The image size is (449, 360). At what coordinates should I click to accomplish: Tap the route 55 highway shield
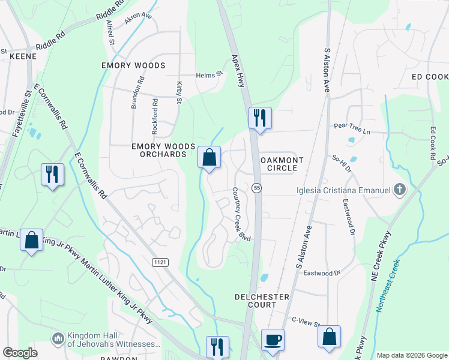(256, 188)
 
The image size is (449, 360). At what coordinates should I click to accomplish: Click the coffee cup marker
(273, 340)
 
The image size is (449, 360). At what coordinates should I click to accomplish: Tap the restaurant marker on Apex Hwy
(260, 118)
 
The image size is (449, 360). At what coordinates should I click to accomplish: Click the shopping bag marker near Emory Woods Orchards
(209, 158)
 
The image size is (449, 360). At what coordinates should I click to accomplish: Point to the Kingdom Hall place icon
(58, 340)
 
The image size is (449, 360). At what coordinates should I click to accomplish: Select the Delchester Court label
(262, 301)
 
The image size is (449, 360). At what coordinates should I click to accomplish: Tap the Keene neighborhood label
(23, 56)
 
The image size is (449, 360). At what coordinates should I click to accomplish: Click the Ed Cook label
(430, 77)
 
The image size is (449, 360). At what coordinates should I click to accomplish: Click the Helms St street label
(209, 75)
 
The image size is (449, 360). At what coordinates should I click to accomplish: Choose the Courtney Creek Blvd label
(241, 214)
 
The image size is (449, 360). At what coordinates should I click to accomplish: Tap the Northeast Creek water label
(386, 286)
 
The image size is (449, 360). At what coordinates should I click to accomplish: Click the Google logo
(20, 353)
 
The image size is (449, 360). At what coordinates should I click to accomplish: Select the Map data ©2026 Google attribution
(411, 355)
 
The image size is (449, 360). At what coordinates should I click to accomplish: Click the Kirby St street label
(178, 92)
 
